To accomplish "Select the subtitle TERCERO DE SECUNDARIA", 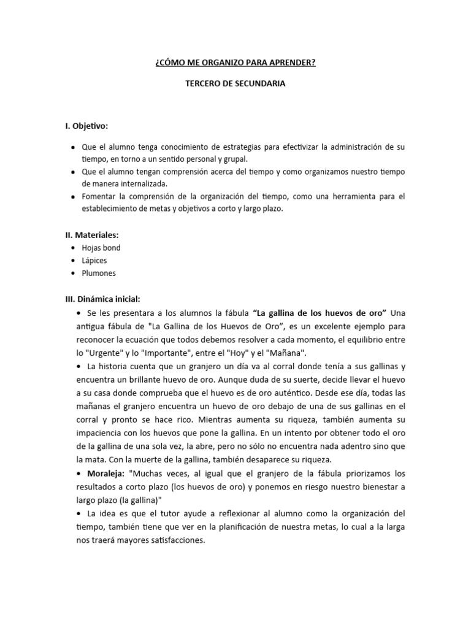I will [x=235, y=84].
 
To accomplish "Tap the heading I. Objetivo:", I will [x=86, y=126].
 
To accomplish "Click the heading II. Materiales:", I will [x=92, y=235].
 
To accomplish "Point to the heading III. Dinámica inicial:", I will [x=103, y=299].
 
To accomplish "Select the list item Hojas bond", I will [x=101, y=248].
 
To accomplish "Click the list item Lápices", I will [x=94, y=261].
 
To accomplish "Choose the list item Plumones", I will [x=99, y=273].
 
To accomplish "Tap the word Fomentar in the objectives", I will [x=100, y=196].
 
